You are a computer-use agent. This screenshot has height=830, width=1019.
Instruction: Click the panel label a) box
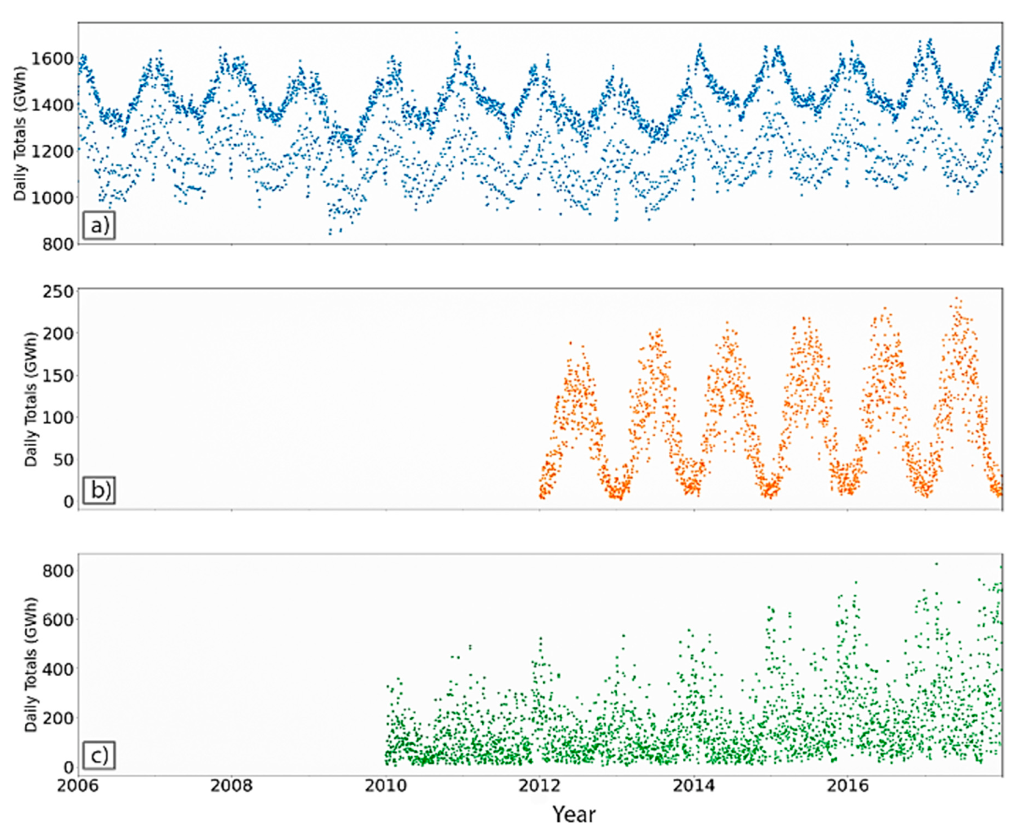pos(99,225)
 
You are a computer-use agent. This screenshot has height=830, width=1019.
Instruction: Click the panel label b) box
pos(99,491)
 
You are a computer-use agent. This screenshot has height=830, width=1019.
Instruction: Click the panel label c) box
pos(99,756)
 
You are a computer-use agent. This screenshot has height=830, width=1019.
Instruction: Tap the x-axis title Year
pos(574,814)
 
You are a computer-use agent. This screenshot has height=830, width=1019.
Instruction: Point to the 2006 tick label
pos(78,786)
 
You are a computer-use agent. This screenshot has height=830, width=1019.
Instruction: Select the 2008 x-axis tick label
pos(231,786)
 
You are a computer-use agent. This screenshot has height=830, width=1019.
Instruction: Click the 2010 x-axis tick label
pos(386,786)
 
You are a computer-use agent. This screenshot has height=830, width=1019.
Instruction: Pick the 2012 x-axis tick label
pos(539,786)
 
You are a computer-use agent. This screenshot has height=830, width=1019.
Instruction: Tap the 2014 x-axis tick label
pos(693,786)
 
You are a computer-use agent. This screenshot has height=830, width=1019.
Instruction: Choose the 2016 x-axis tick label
pos(847,786)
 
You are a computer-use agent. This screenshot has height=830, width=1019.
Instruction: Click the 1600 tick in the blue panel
pos(52,59)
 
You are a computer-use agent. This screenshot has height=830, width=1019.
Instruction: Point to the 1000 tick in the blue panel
pos(52,197)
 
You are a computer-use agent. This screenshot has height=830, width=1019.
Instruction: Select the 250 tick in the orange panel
pos(58,291)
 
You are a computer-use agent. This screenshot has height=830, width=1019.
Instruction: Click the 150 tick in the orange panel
pos(58,375)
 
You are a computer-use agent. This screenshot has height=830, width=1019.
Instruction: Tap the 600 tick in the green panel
pos(58,620)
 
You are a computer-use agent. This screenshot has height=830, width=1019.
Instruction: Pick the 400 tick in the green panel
pos(58,669)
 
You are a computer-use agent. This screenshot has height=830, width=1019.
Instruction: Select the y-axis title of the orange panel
pos(31,399)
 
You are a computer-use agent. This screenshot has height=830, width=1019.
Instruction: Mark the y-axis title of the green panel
pos(31,665)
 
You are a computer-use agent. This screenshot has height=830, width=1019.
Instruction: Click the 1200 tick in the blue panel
pos(52,152)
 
